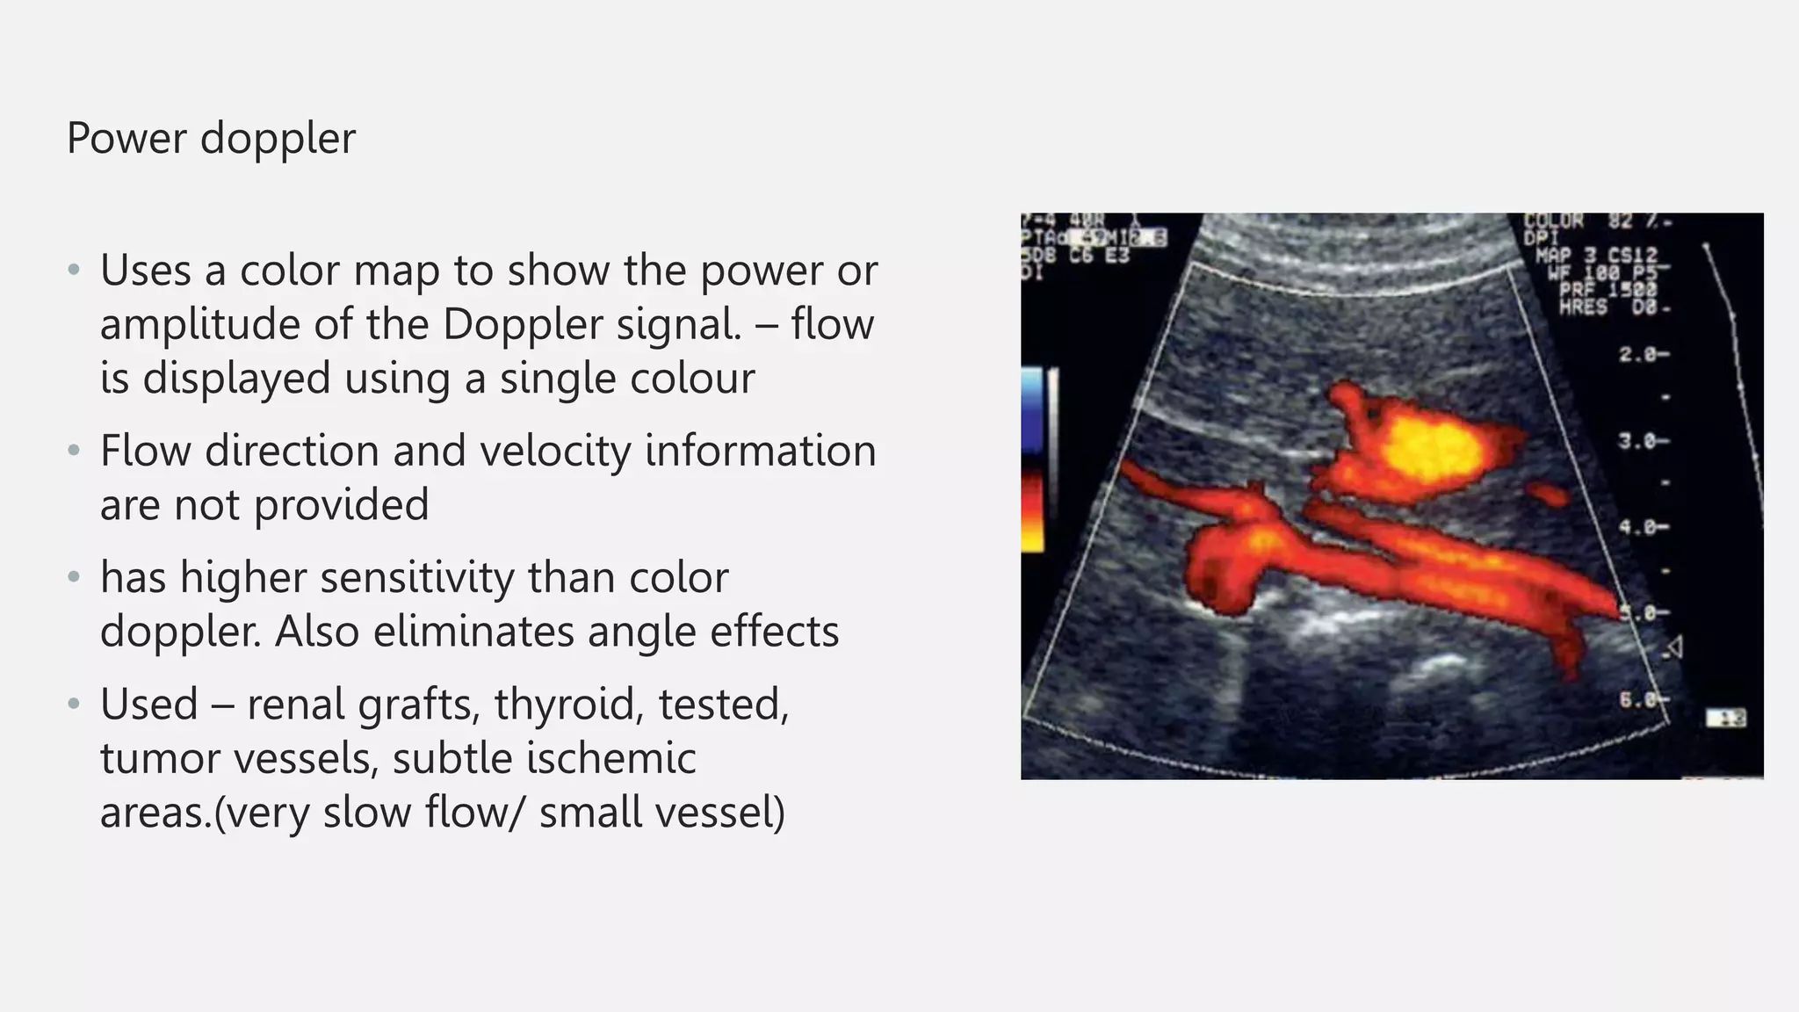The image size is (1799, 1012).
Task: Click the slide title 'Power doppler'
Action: click(211, 138)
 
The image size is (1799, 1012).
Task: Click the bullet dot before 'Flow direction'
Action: click(75, 451)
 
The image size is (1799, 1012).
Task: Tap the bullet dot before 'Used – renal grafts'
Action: click(75, 704)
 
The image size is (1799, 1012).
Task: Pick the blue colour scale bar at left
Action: click(1033, 413)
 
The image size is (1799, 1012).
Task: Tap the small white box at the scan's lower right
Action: click(1725, 719)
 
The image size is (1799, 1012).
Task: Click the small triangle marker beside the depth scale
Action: click(1673, 648)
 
